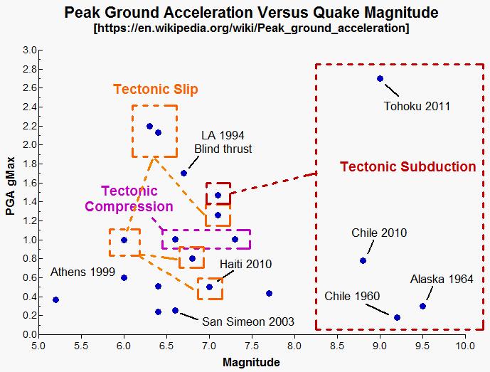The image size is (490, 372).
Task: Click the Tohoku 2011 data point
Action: click(380, 79)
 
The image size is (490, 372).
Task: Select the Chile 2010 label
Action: click(380, 233)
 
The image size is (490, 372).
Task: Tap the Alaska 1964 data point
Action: click(422, 306)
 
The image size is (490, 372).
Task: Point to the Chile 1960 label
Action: click(352, 296)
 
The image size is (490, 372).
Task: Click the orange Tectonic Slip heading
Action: click(155, 90)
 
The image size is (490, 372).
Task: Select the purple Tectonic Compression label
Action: click(129, 198)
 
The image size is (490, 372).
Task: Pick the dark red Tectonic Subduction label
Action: click(408, 167)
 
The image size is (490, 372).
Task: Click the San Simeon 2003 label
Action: click(238, 321)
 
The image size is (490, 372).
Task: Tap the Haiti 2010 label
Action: click(245, 265)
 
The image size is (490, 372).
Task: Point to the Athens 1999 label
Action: click(82, 272)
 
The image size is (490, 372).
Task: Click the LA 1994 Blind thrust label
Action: click(223, 142)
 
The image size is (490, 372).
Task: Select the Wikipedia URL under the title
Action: click(251, 28)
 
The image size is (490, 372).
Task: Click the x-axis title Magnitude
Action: click(251, 362)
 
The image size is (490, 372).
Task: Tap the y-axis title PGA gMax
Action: click(11, 192)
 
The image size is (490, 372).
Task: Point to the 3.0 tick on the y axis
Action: click(29, 50)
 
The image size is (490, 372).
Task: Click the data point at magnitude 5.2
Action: click(55, 299)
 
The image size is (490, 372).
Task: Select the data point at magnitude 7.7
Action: click(269, 293)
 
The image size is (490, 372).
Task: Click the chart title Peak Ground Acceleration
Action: click(251, 12)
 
